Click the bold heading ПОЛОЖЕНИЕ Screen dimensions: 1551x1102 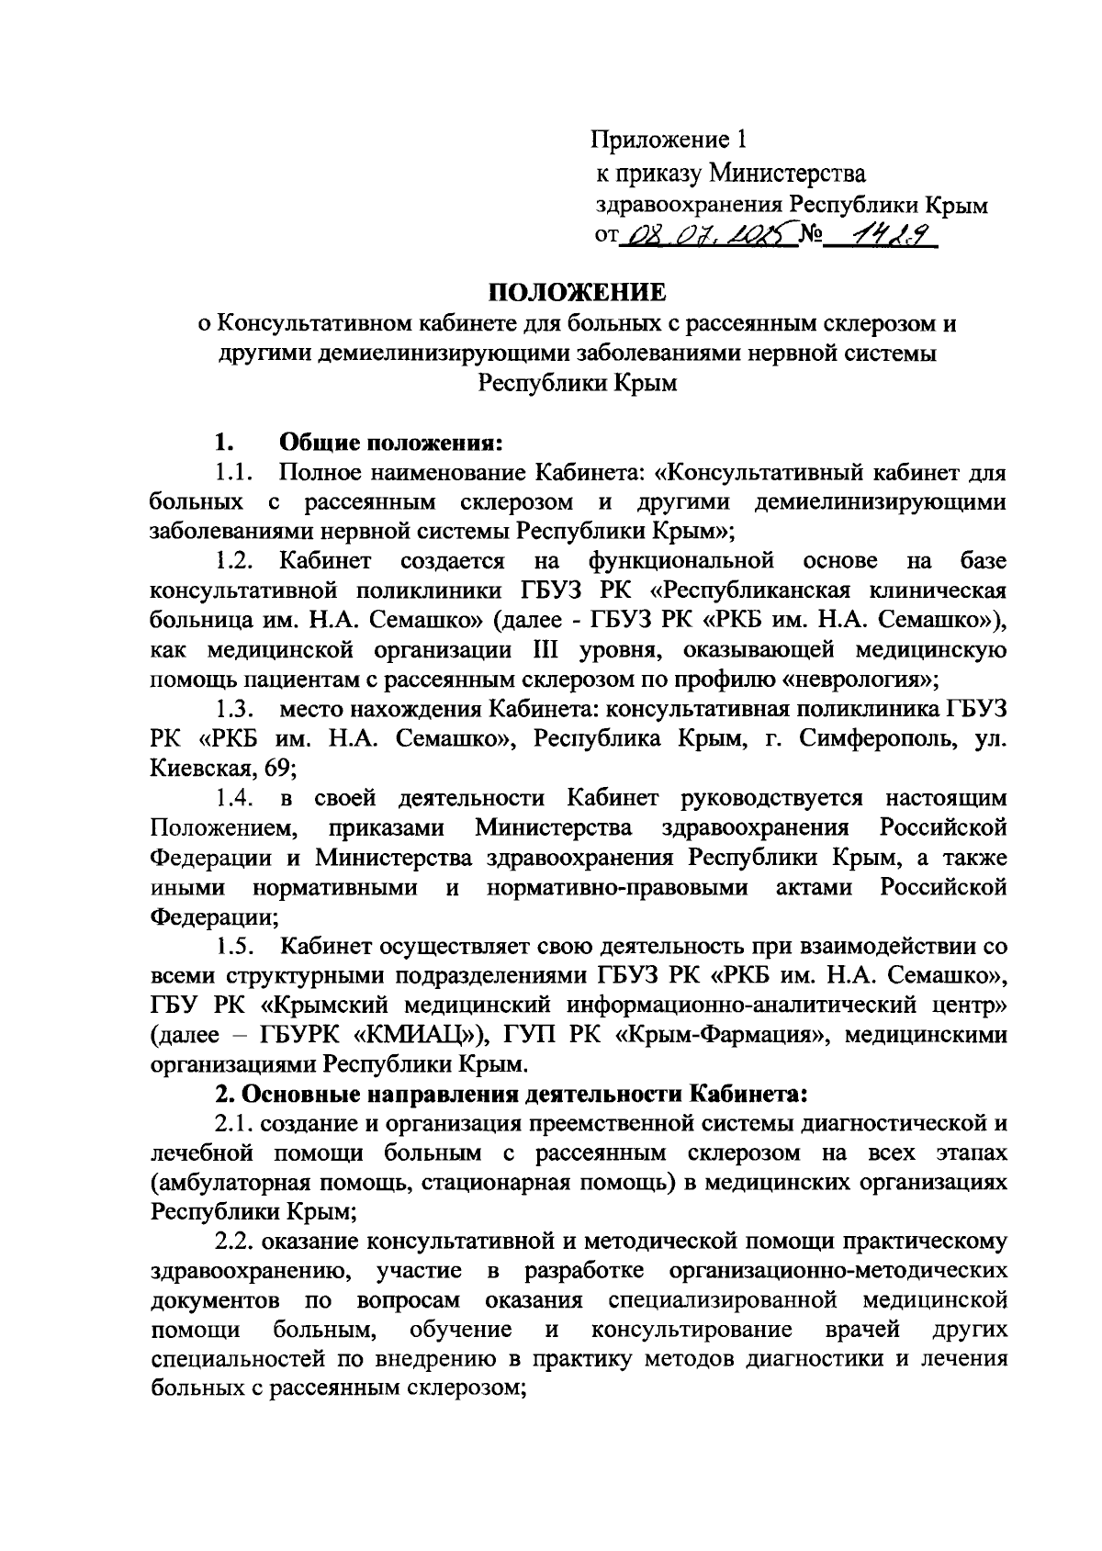[x=575, y=292]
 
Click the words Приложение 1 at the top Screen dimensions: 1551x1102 [x=669, y=140]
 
